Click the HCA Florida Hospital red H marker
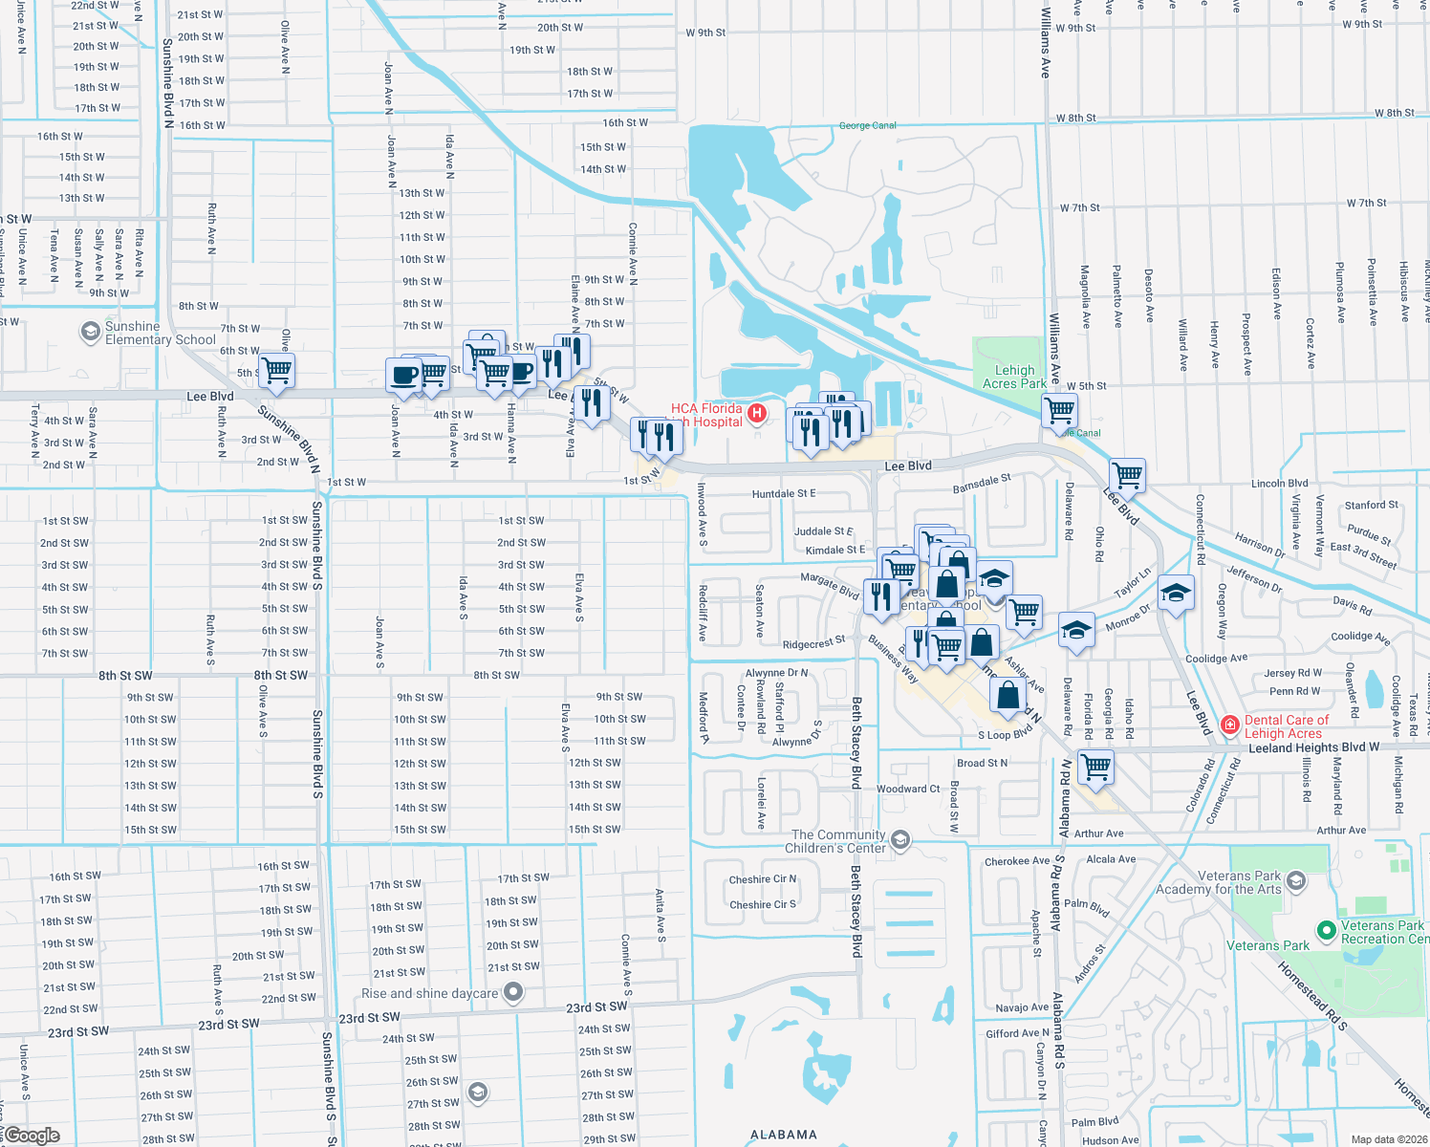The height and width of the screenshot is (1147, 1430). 757,414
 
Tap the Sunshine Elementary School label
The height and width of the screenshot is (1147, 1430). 160,333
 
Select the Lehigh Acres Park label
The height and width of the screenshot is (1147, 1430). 1014,377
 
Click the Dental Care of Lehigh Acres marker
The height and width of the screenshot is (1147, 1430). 1230,725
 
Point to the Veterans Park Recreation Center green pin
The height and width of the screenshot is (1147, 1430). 1326,930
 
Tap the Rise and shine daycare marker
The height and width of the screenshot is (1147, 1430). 513,992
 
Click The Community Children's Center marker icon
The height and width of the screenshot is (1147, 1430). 899,840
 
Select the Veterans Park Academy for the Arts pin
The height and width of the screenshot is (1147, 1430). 1296,880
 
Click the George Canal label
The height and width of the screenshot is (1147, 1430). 867,125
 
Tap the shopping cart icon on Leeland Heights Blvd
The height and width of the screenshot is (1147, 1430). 1095,766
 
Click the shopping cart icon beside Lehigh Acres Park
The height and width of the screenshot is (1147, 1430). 1059,411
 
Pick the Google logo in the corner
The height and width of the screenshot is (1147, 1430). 32,1136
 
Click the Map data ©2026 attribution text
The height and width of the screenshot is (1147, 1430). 1385,1139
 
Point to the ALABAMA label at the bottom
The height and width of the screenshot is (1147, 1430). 783,1135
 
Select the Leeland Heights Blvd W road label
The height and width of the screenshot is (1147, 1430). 1313,747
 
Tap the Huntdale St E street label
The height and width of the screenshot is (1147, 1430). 784,494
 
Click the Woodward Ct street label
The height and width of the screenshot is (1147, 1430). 908,789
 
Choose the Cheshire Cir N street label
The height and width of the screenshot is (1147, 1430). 762,879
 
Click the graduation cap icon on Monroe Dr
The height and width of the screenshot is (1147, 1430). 1076,631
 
